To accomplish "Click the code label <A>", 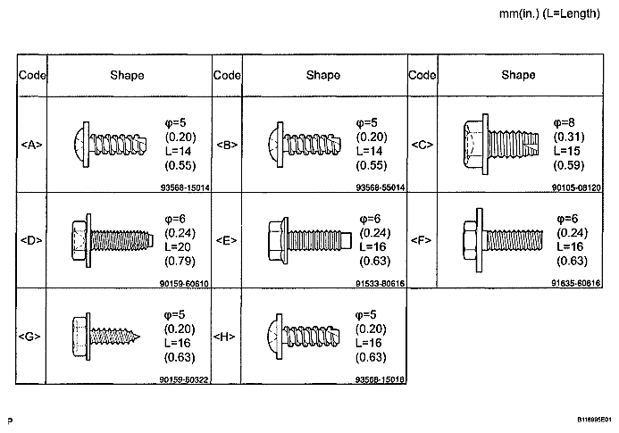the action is pos(31,145).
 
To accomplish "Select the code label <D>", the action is pos(31,240).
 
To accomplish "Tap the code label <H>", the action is pos(224,337).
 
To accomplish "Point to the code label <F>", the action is pos(422,240).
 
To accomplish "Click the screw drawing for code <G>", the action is pos(105,337).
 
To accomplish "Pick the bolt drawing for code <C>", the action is pos(500,145).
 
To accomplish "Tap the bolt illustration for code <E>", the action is pos(309,240).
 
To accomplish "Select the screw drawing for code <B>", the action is pos(305,145).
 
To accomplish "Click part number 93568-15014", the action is pos(185,187).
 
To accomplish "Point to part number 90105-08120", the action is pos(576,187).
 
